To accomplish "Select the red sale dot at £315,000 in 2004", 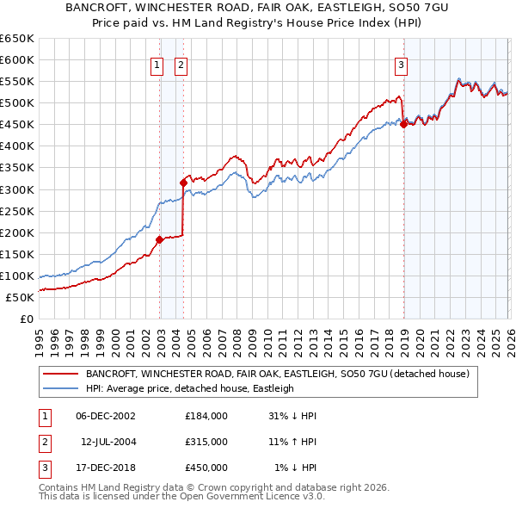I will (x=183, y=183).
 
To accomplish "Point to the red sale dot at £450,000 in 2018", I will (x=404, y=124).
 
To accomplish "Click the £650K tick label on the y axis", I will (x=17, y=39).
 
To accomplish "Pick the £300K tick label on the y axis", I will (x=17, y=189).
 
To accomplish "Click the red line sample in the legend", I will (x=61, y=375).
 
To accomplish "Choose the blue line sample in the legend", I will (x=61, y=389).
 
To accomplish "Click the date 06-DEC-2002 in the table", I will (x=106, y=417).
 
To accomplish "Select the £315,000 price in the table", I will (x=206, y=442).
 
